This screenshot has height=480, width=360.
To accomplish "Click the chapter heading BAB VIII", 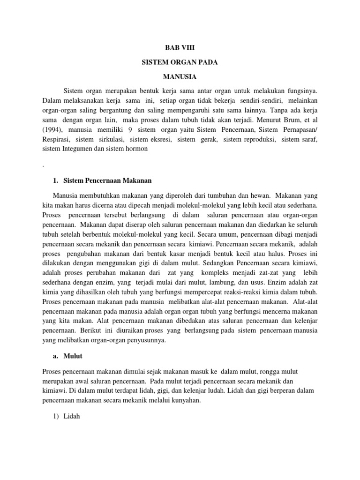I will point(180,48).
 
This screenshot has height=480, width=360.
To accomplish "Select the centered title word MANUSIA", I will point(180,75).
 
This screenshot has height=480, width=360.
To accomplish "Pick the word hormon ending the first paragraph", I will point(135,149).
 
